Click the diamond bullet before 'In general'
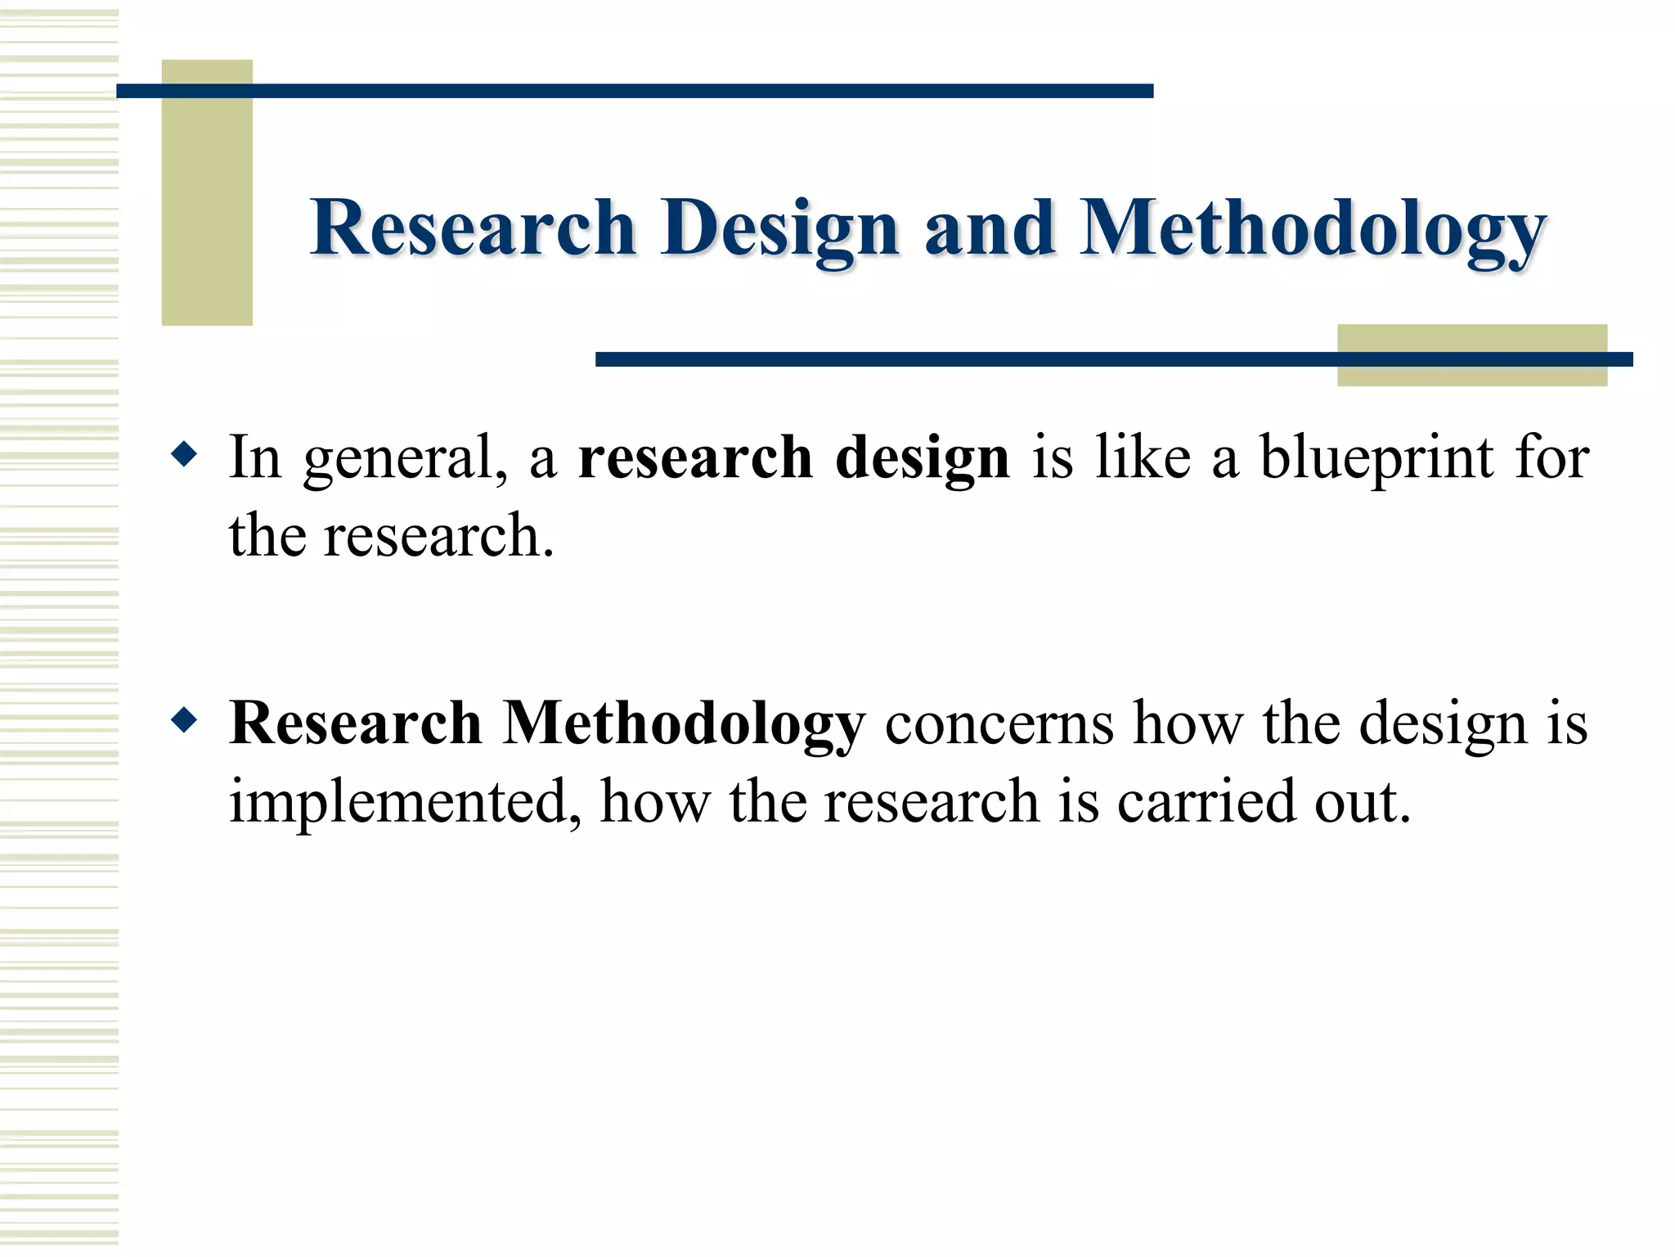(x=185, y=454)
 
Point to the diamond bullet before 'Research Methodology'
(x=185, y=720)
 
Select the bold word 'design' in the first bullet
(x=922, y=458)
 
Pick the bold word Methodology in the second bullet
(x=683, y=724)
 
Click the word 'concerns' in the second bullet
(x=999, y=724)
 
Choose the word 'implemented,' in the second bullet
(x=405, y=802)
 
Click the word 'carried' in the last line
(x=1206, y=802)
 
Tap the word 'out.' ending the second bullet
(x=1363, y=802)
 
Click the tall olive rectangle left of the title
(x=207, y=205)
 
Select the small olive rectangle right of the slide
(x=1471, y=373)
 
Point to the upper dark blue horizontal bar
(x=635, y=91)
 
